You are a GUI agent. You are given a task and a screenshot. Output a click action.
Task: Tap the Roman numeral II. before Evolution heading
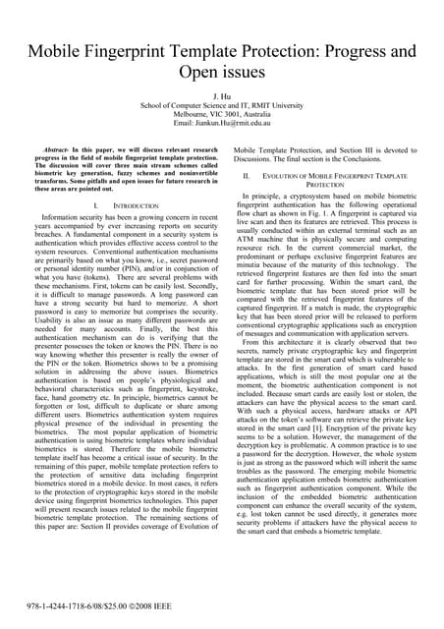(249, 174)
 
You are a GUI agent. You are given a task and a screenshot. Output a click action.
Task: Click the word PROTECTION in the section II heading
(326, 184)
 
